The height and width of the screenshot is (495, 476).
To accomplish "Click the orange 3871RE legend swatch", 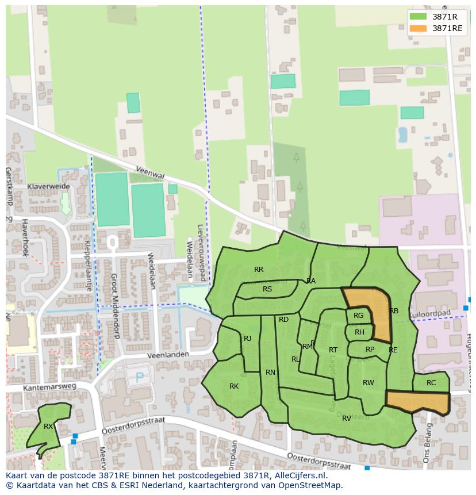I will tap(419, 29).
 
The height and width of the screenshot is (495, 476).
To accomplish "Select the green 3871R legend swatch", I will tap(419, 17).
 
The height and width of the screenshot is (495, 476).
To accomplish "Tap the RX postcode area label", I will tap(48, 427).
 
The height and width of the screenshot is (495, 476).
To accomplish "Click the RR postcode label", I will tap(259, 270).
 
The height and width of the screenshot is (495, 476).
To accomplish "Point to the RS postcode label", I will tap(267, 289).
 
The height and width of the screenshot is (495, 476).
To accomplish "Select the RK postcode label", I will tap(234, 386).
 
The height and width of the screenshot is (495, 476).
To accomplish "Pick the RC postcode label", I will tap(431, 383).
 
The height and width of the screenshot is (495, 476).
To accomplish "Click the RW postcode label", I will tap(368, 383).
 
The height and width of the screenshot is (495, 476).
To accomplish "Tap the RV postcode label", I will tap(347, 419).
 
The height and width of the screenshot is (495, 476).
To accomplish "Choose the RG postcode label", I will tap(359, 316).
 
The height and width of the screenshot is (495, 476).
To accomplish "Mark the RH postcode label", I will tap(359, 332).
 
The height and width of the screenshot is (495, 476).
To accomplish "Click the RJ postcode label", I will tap(248, 339).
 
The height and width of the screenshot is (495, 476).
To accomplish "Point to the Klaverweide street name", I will tap(48, 187).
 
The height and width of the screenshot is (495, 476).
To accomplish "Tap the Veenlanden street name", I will tap(168, 356).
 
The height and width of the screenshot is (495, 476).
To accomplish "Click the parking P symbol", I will tap(139, 377).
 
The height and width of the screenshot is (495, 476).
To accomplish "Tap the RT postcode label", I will tap(333, 350).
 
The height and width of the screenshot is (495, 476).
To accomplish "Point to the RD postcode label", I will tap(283, 320).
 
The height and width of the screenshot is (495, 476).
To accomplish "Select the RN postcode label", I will tap(270, 373).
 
